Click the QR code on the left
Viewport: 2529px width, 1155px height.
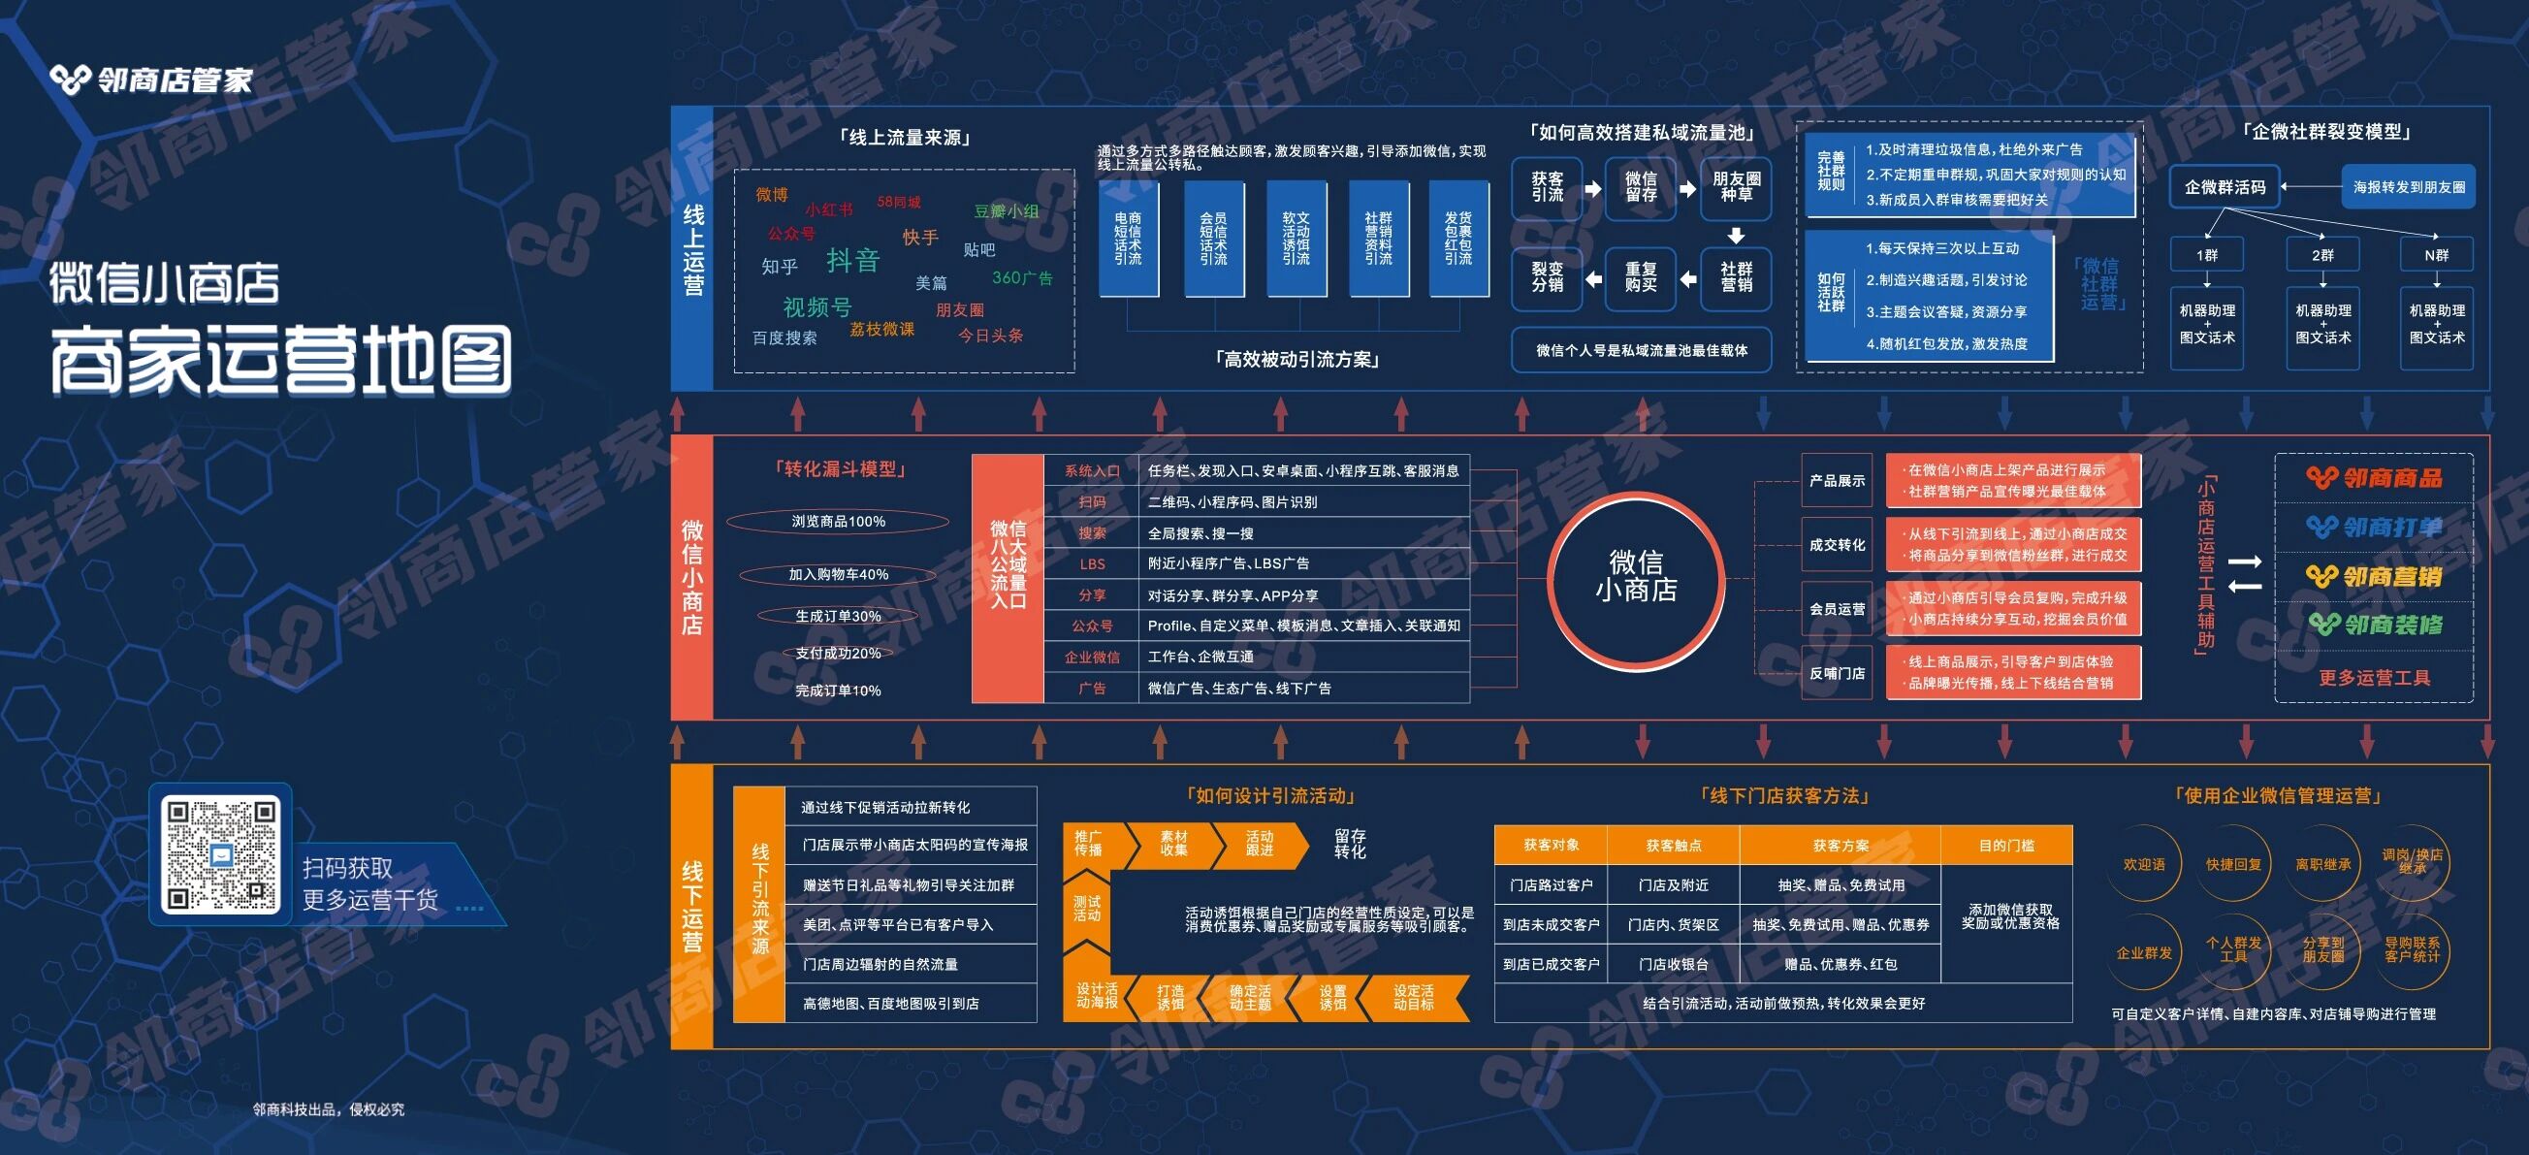tap(221, 853)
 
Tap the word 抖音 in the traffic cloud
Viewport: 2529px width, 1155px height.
tap(852, 260)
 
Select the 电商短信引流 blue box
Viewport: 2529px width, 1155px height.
tap(1127, 239)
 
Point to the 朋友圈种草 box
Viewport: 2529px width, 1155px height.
tap(1736, 186)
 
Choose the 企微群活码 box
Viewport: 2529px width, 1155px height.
tap(2225, 186)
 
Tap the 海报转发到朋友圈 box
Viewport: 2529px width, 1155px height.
tap(2408, 186)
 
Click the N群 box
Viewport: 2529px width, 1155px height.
tap(2436, 254)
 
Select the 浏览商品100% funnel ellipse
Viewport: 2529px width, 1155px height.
tap(839, 522)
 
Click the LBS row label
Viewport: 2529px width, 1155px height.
tap(1092, 563)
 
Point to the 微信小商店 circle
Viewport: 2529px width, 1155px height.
tap(1636, 576)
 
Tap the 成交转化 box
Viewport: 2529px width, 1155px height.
tap(1836, 545)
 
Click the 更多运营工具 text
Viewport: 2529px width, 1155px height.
tap(2374, 678)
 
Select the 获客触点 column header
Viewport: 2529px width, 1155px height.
tap(1673, 845)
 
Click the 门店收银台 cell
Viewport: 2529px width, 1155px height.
tap(1673, 965)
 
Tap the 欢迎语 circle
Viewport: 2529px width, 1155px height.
tap(2143, 864)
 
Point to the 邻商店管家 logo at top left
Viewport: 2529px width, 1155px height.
tap(152, 80)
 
